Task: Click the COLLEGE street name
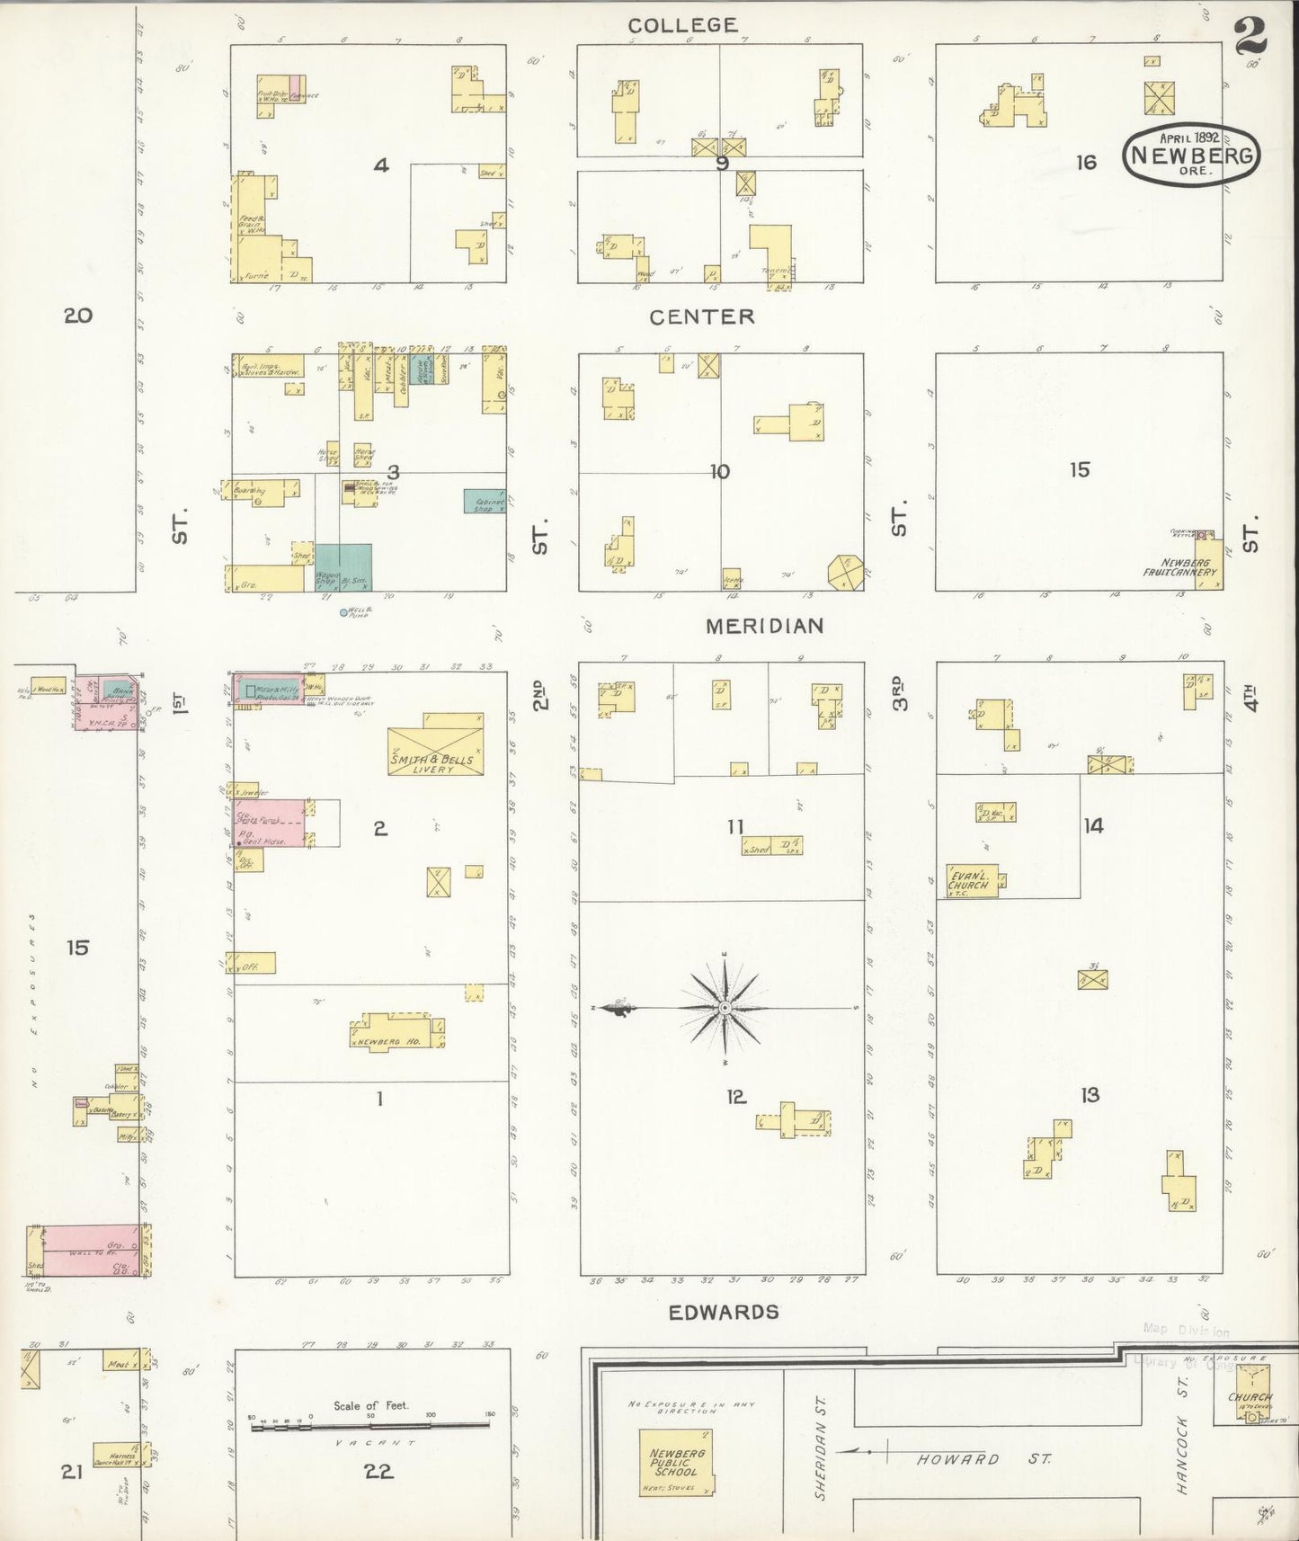coord(683,25)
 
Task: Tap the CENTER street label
coord(702,316)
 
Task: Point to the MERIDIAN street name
coord(764,626)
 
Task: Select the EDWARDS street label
coord(724,1312)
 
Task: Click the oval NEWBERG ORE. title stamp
coord(1191,155)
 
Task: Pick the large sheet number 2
coord(1250,37)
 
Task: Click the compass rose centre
coord(725,1009)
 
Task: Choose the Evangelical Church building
coord(971,880)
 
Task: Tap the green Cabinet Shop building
coord(485,501)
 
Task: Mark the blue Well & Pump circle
coord(343,612)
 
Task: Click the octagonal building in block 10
coord(846,573)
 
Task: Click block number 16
coord(1087,162)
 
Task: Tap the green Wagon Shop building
coord(343,566)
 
